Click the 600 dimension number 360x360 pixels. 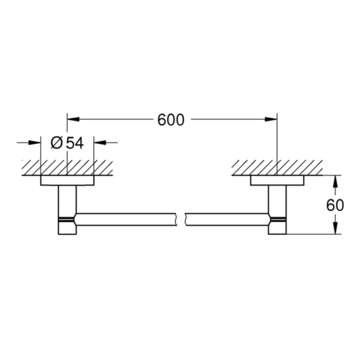pyautogui.click(x=171, y=120)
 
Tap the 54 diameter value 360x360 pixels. pyautogui.click(x=75, y=143)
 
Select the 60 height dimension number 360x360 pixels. pyautogui.click(x=335, y=205)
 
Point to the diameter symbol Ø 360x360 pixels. pyautogui.click(x=56, y=143)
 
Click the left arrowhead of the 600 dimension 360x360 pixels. pyautogui.click(x=73, y=119)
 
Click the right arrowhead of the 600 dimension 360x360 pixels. pyautogui.click(x=271, y=119)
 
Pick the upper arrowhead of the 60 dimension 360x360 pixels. pyautogui.click(x=335, y=181)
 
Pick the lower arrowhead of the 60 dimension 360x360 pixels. pyautogui.click(x=335, y=228)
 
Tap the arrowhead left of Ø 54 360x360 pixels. pyautogui.click(x=34, y=143)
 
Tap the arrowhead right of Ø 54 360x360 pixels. pyautogui.click(x=100, y=143)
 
